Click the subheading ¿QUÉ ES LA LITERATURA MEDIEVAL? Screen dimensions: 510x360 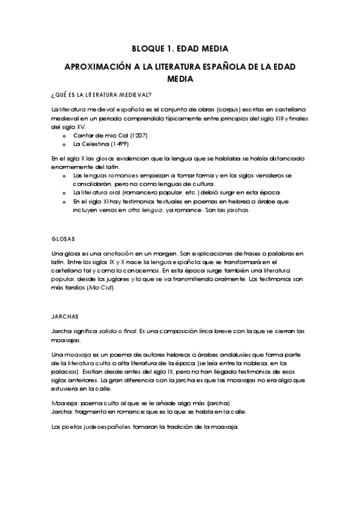coord(101,95)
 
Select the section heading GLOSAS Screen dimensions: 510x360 coord(64,239)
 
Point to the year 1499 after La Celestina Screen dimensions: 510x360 coord(117,144)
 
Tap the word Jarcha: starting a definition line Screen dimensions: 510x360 coord(63,411)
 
